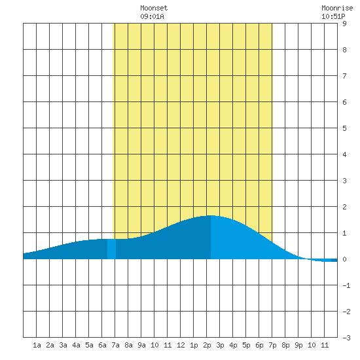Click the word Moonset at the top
pyautogui.click(x=154, y=8)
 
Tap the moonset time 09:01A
pyautogui.click(x=152, y=16)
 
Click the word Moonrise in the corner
pyautogui.click(x=337, y=8)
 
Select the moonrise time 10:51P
pyautogui.click(x=333, y=16)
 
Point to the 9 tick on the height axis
pyautogui.click(x=344, y=24)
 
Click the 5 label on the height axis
pyautogui.click(x=344, y=128)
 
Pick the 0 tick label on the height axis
pyautogui.click(x=344, y=259)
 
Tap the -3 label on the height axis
pyautogui.click(x=346, y=338)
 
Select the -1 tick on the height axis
pyautogui.click(x=346, y=285)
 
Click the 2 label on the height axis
pyautogui.click(x=344, y=207)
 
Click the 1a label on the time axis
pyautogui.click(x=37, y=345)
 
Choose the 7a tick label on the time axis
pyautogui.click(x=115, y=345)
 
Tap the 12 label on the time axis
pyautogui.click(x=181, y=345)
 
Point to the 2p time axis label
pyautogui.click(x=207, y=345)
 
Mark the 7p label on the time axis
pyautogui.click(x=272, y=345)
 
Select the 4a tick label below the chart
pyautogui.click(x=76, y=345)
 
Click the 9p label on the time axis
pyautogui.click(x=298, y=345)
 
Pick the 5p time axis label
pyautogui.click(x=246, y=345)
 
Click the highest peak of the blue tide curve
pyautogui.click(x=211, y=215)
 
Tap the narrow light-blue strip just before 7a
pyautogui.click(x=111, y=249)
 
